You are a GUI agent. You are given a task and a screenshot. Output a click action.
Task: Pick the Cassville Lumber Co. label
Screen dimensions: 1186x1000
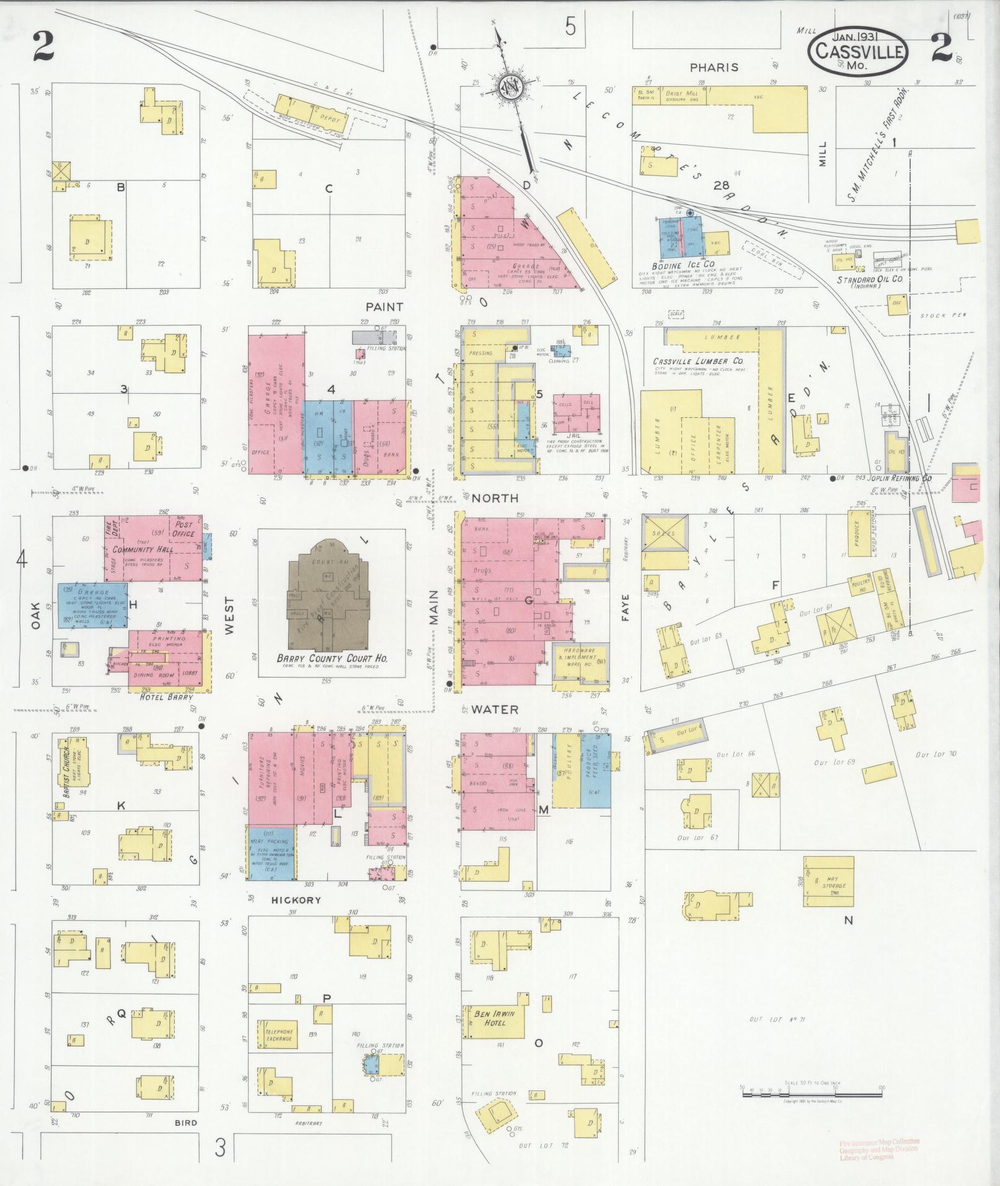[697, 361]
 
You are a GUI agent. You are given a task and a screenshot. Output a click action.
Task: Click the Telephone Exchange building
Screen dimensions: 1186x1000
[278, 1034]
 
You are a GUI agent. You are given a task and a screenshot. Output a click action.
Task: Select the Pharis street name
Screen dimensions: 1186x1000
[714, 67]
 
